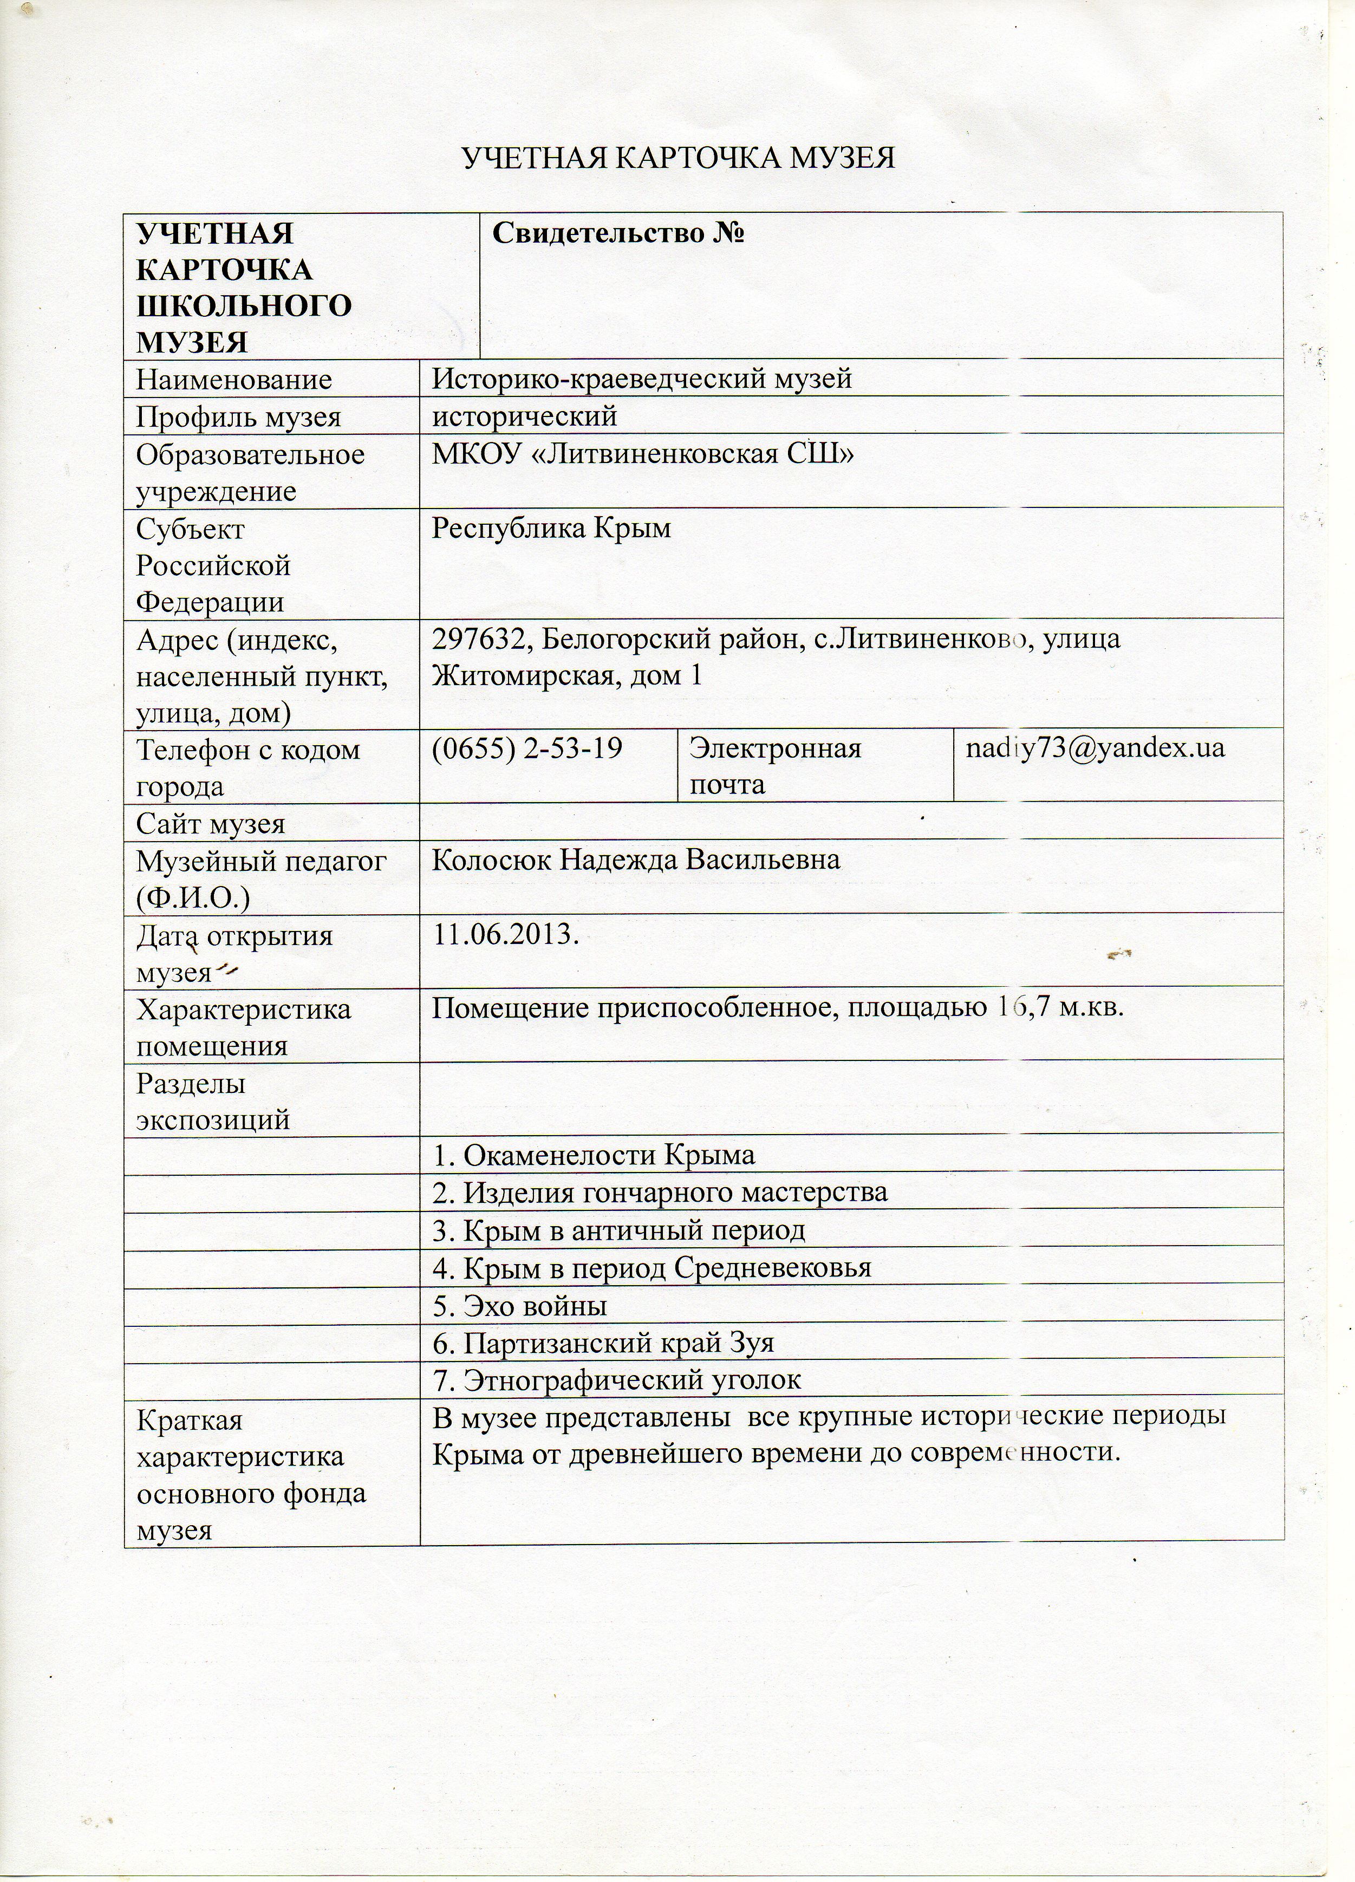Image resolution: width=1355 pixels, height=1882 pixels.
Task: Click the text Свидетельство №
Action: [x=618, y=233]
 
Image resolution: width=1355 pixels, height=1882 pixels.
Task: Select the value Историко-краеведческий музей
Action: [x=642, y=379]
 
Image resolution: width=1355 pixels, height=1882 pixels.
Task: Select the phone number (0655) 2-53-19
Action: [x=526, y=748]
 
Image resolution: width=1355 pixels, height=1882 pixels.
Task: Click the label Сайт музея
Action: [x=211, y=823]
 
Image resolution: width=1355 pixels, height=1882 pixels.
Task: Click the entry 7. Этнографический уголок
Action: [x=616, y=1380]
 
